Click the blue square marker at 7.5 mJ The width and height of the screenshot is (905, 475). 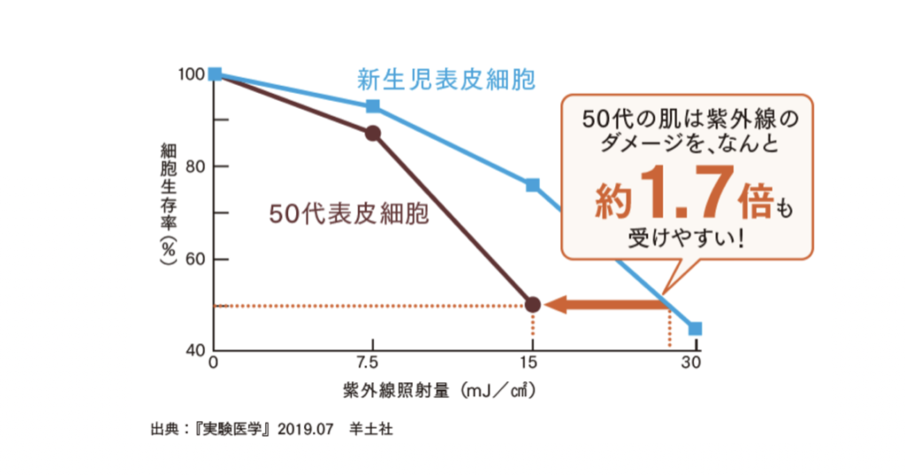point(373,106)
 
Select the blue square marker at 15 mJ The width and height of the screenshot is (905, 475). point(532,185)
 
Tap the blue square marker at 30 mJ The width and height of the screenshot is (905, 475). point(695,328)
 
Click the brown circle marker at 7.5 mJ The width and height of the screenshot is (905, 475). point(373,134)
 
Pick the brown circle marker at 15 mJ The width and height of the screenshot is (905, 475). point(532,304)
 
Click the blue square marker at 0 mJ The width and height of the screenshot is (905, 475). point(215,74)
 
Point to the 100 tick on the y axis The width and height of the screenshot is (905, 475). point(193,74)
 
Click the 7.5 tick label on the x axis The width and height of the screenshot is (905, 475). point(372,364)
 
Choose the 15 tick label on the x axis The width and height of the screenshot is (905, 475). point(532,364)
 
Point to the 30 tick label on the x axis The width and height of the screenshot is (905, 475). point(694,364)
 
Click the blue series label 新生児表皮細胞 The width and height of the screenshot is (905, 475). point(445,80)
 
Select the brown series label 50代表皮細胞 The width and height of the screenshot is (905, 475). point(349,213)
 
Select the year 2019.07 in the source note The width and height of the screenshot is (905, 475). point(304,431)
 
